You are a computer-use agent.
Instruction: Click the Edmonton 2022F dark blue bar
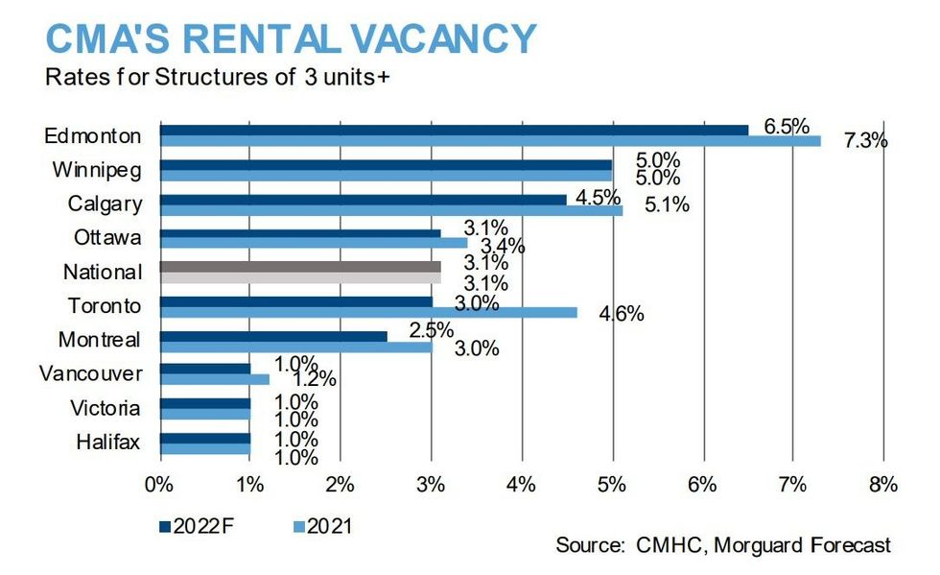coord(454,130)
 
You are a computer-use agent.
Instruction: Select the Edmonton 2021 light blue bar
coord(490,141)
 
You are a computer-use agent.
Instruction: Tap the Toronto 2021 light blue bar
coord(368,312)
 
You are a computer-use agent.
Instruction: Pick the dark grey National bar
coord(300,266)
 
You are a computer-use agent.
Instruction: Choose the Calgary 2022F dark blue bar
coord(364,199)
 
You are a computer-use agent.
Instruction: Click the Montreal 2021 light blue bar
coord(295,347)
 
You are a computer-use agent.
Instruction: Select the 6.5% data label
coord(787,126)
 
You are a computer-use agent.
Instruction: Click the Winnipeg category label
coord(97,170)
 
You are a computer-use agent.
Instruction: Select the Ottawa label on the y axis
coord(107,237)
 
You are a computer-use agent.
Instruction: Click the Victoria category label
coord(104,408)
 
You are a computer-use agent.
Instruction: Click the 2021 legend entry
coord(322,525)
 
